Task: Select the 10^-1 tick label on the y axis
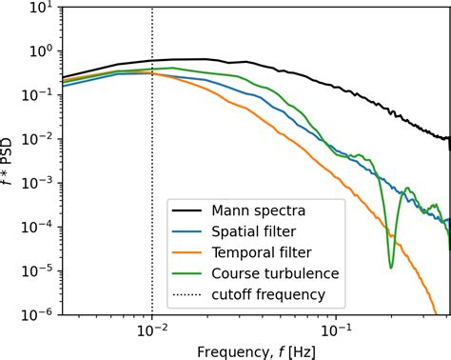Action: (x=41, y=95)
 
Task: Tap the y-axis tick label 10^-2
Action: (x=41, y=139)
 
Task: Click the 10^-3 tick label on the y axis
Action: (x=41, y=183)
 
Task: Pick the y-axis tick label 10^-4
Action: (x=41, y=227)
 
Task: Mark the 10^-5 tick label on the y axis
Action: (x=41, y=270)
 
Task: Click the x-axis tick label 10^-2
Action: (x=152, y=329)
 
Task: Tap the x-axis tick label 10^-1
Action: (x=336, y=329)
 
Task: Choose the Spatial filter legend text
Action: (x=252, y=231)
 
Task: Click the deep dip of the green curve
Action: (x=390, y=266)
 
